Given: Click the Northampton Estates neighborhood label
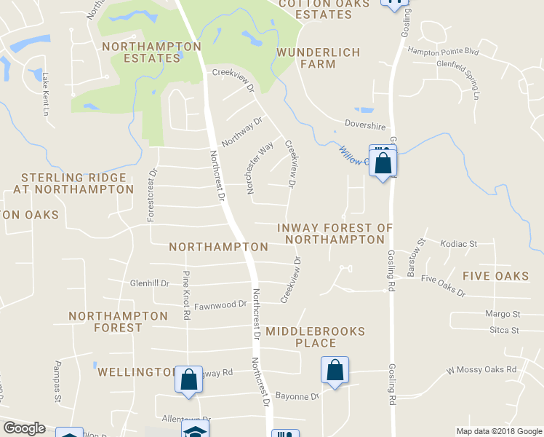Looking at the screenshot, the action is (x=151, y=52).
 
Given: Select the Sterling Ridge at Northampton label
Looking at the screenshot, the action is (x=73, y=184).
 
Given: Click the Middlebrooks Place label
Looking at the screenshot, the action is (x=315, y=337).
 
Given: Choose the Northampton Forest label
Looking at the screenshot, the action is (x=118, y=322).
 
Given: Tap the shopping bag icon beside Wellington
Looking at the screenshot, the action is (x=189, y=380).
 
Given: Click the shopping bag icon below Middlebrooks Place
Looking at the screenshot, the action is (x=335, y=371).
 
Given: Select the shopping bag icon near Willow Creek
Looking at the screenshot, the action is (x=383, y=163).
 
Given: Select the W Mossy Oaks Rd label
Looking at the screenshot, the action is (x=481, y=370).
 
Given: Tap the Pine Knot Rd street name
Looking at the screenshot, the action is (x=186, y=296).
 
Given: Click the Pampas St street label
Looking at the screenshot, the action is (x=58, y=371).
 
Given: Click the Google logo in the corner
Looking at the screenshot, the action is (x=24, y=429).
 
